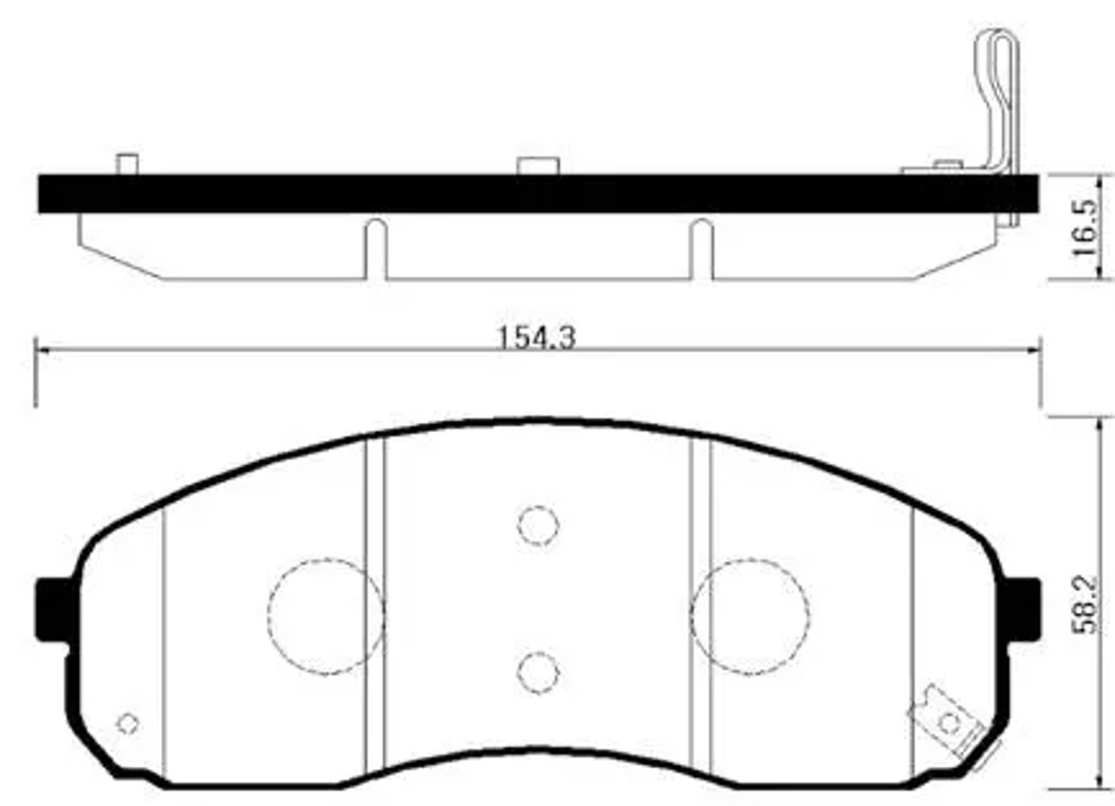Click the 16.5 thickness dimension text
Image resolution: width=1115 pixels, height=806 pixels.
(1086, 228)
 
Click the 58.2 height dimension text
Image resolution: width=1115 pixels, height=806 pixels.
(1086, 605)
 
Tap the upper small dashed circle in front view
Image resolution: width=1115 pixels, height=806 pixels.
(538, 526)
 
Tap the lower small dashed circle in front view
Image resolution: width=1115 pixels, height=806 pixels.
(538, 673)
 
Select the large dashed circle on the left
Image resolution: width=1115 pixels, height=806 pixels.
(326, 616)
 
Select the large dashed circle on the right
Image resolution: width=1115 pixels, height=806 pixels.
(750, 616)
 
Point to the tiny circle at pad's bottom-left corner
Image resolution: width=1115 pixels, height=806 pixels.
(128, 723)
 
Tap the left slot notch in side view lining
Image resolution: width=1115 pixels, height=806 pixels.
(376, 250)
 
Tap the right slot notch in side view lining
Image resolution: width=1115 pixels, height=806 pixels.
(701, 250)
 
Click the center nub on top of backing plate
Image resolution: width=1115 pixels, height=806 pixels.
(538, 166)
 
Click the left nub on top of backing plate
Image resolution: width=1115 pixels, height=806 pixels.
(127, 164)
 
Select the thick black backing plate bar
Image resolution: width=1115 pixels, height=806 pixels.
(538, 193)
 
